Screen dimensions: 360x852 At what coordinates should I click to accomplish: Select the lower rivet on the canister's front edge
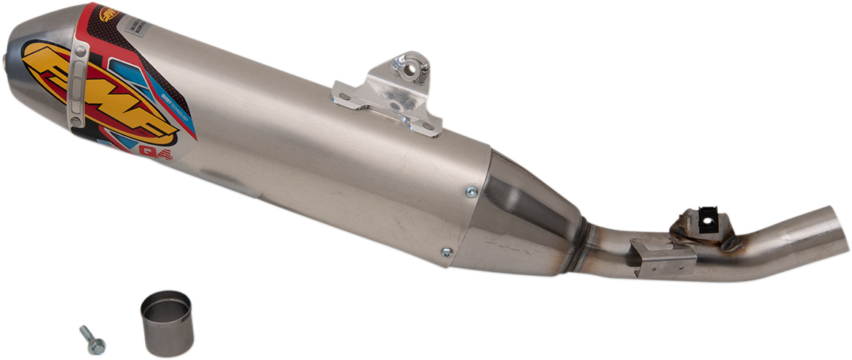(445, 253)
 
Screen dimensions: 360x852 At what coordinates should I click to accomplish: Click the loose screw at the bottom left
(92, 340)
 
